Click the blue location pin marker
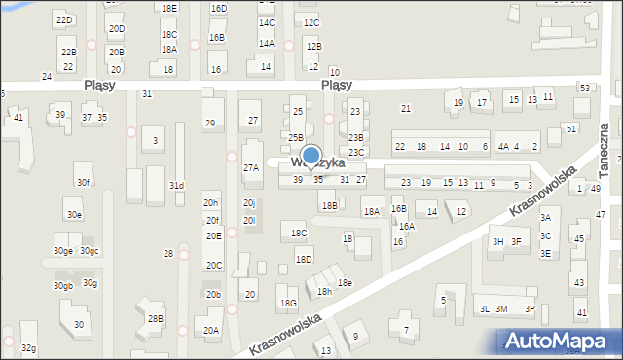(x=311, y=158)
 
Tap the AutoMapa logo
(x=560, y=341)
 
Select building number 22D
(x=64, y=20)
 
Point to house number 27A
(x=251, y=168)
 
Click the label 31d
(x=176, y=185)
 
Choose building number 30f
(x=83, y=182)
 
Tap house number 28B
(x=155, y=318)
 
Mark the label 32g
(x=28, y=348)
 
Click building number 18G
(x=288, y=304)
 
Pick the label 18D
(x=304, y=259)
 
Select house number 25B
(x=296, y=138)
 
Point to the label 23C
(x=356, y=152)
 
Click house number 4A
(x=503, y=147)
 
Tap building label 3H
(x=498, y=242)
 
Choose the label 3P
(x=530, y=309)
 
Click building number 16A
(x=406, y=226)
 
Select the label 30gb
(x=62, y=286)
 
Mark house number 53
(x=584, y=89)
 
